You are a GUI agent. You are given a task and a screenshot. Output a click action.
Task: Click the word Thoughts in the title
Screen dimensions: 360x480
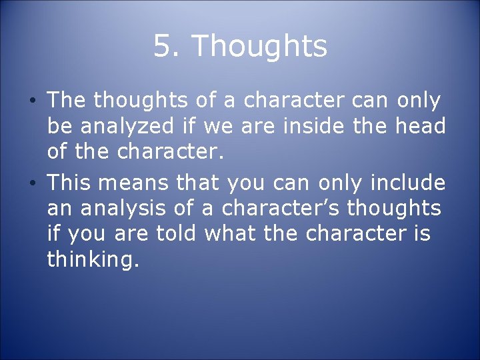click(259, 47)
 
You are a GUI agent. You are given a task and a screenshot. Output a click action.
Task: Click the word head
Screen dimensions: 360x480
click(416, 127)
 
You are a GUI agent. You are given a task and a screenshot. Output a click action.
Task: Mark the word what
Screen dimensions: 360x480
click(227, 235)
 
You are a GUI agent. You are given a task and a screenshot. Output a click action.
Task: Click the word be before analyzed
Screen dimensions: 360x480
click(59, 127)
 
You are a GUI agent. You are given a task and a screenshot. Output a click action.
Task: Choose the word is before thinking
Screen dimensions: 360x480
click(421, 235)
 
